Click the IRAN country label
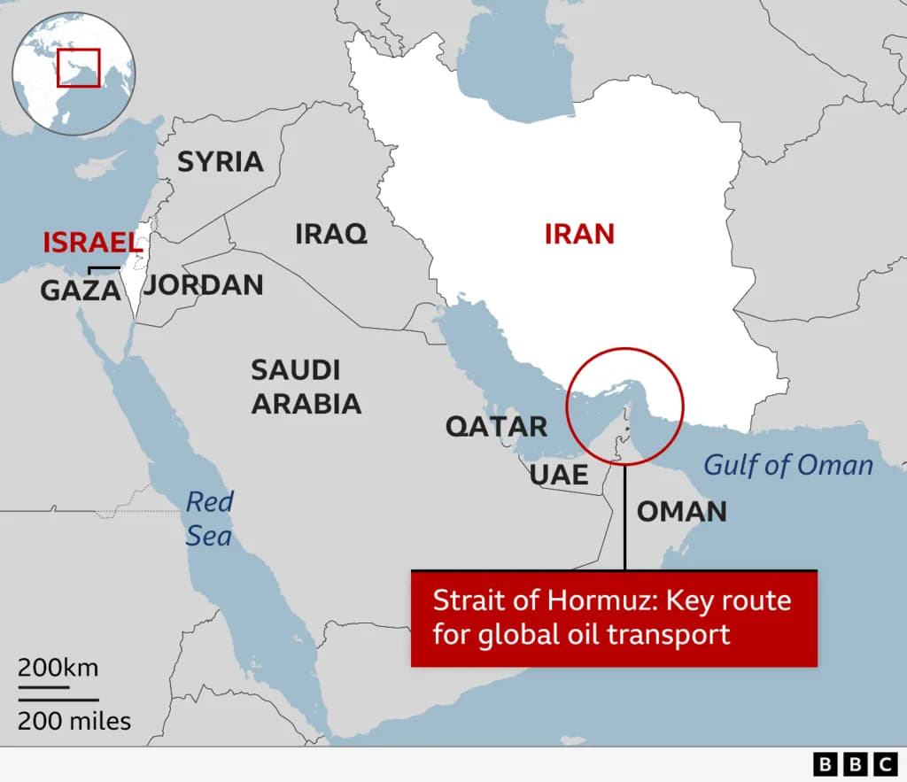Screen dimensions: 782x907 (x=579, y=234)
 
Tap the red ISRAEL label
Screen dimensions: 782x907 (x=93, y=243)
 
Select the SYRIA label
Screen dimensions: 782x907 (x=221, y=162)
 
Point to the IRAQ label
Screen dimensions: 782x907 (x=330, y=234)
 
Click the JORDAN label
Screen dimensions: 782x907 (x=205, y=285)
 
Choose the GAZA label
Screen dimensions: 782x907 (x=80, y=290)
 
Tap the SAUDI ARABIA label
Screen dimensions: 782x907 (x=306, y=387)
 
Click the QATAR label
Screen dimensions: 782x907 (x=496, y=426)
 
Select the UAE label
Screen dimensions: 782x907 (x=559, y=475)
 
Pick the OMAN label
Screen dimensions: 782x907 (x=682, y=511)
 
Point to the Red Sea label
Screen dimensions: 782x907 (x=209, y=519)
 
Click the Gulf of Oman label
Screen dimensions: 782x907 (x=787, y=465)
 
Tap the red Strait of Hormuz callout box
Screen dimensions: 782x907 (x=614, y=618)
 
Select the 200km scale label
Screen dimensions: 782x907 (x=58, y=667)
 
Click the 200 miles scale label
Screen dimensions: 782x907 (x=74, y=721)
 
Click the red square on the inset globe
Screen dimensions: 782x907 (x=79, y=68)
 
